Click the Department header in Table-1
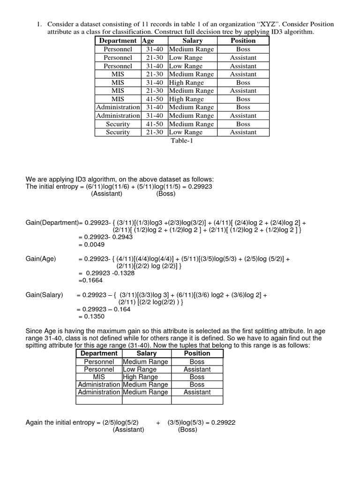(x=118, y=41)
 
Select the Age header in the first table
(x=148, y=41)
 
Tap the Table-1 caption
(x=182, y=141)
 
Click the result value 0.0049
(x=95, y=244)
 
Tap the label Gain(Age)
(x=41, y=258)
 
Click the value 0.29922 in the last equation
(x=223, y=422)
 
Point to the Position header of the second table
(x=197, y=353)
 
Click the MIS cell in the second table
(x=99, y=377)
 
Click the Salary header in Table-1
(x=192, y=41)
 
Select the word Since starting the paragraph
(x=34, y=331)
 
